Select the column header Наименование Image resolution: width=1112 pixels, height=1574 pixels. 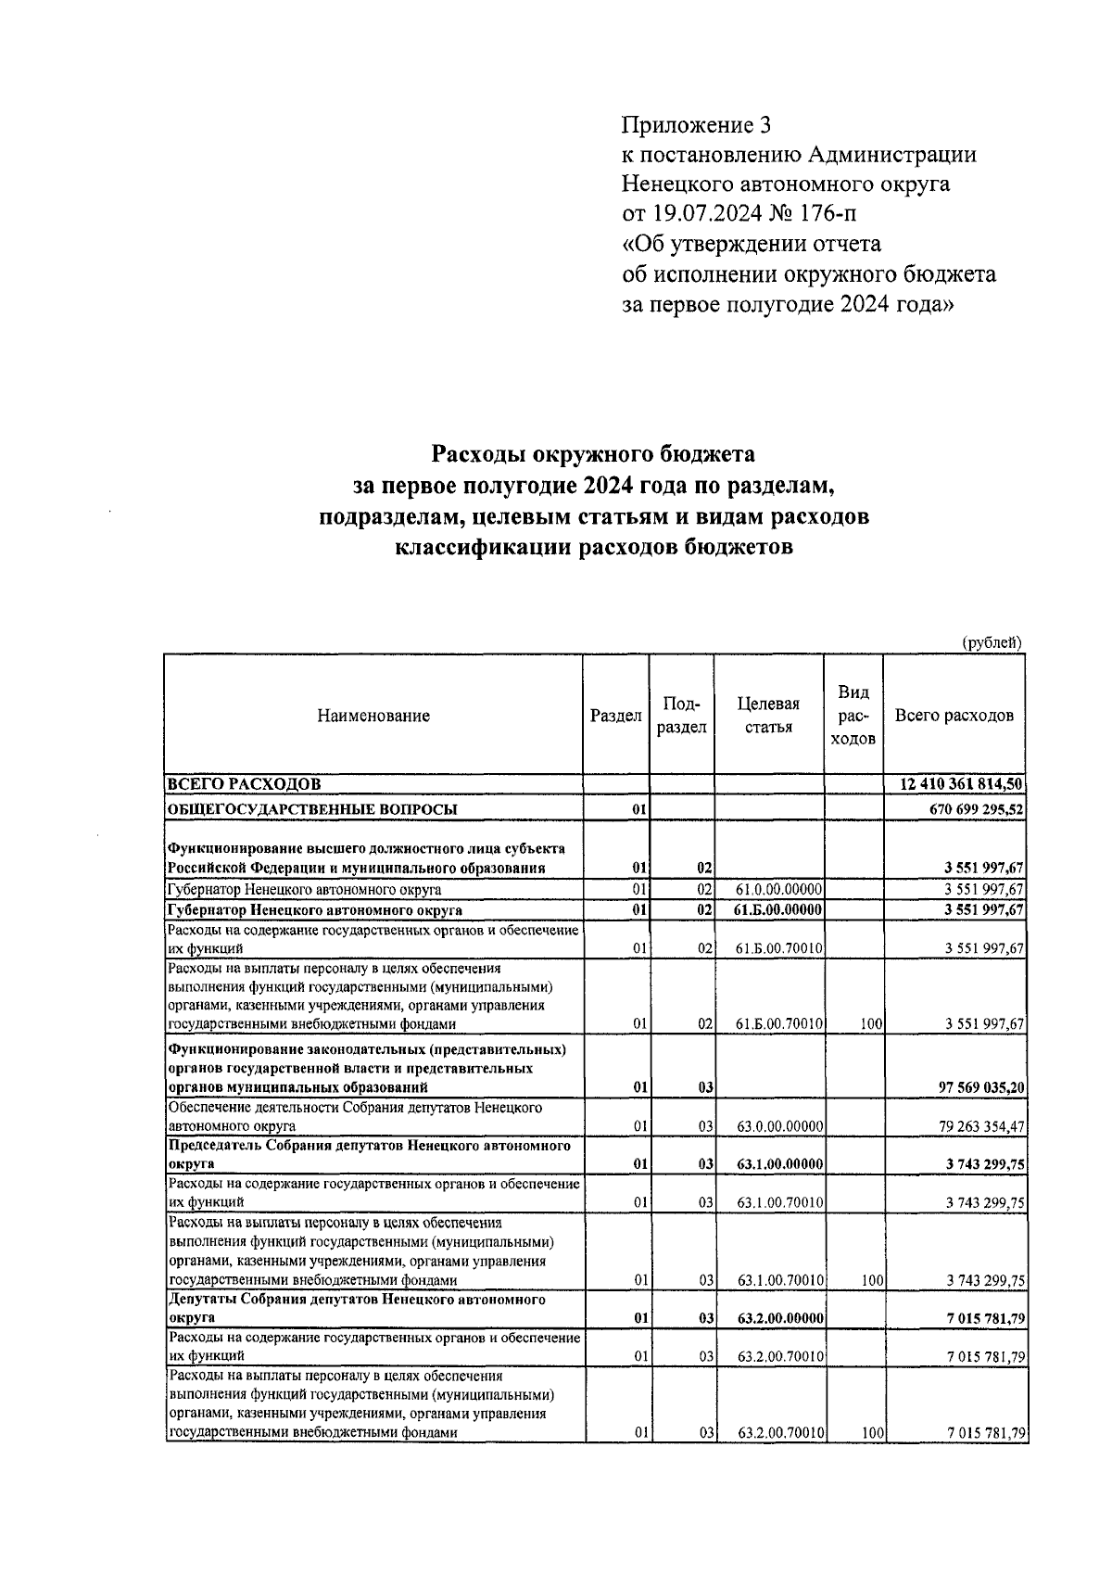click(x=373, y=716)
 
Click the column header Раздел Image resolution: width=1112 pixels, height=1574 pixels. click(x=616, y=716)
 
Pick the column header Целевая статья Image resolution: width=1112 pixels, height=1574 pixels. click(x=768, y=716)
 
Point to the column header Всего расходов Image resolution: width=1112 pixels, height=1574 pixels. click(x=954, y=716)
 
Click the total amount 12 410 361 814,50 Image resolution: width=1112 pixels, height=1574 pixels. click(x=961, y=784)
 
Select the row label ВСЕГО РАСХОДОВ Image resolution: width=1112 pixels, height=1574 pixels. click(x=243, y=784)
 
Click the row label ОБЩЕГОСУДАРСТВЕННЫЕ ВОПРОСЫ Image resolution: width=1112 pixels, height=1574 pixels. click(x=311, y=809)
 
